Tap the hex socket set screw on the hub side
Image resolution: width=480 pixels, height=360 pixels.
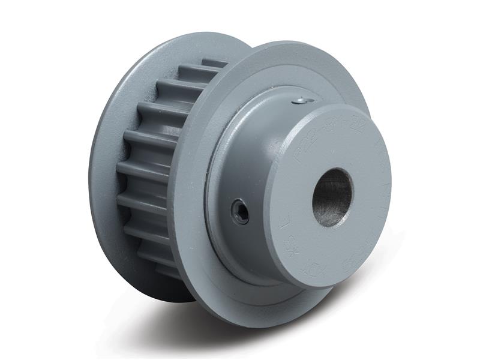240,211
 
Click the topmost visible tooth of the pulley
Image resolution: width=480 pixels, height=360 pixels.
214,62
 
